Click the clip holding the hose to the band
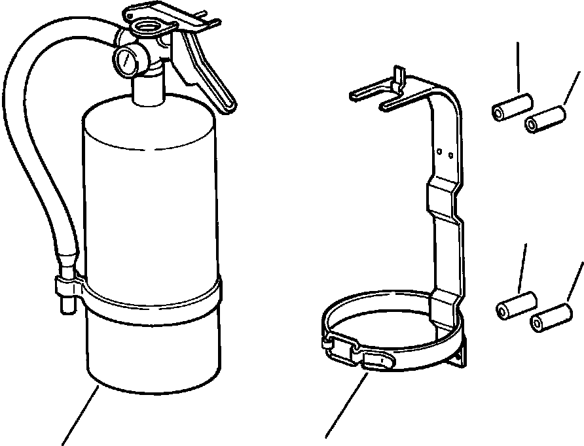tap(66, 286)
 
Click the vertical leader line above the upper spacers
tap(519, 66)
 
